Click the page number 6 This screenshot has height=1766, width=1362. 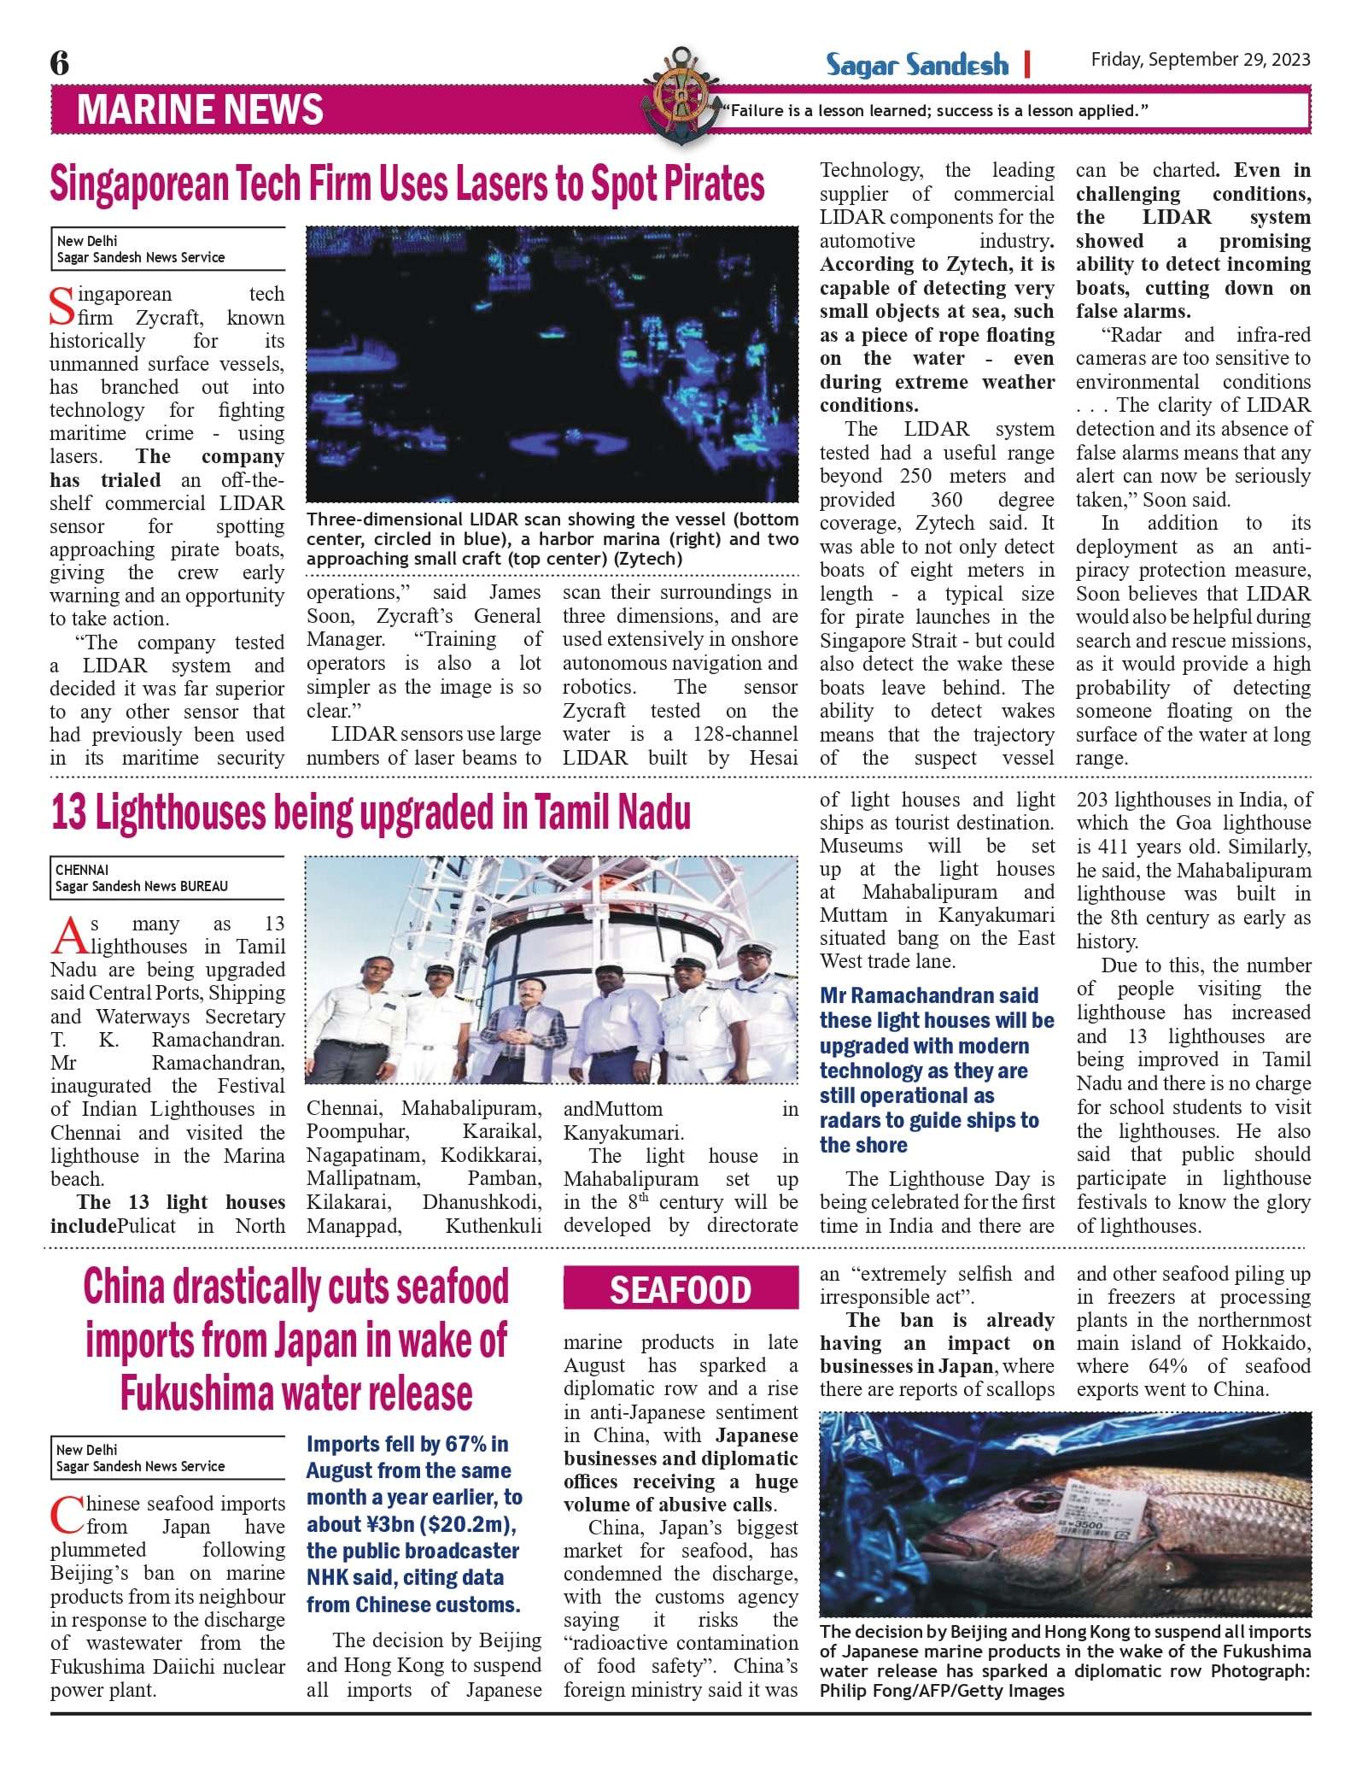(60, 63)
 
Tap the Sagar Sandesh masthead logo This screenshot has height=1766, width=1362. (916, 65)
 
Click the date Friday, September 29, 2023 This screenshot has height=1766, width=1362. (1200, 59)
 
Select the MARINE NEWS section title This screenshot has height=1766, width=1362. (200, 110)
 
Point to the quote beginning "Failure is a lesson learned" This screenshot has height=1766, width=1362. (935, 110)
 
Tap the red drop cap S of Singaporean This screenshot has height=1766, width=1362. (61, 308)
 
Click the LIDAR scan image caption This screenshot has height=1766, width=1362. (552, 539)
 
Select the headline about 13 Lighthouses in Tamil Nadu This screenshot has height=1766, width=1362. (371, 813)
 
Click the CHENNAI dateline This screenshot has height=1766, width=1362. (82, 870)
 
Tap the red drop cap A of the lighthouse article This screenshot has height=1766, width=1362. (68, 936)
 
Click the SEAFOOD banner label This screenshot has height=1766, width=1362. (680, 1290)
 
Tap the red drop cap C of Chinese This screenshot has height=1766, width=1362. (67, 1515)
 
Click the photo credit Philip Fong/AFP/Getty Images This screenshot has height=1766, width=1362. (941, 1691)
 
